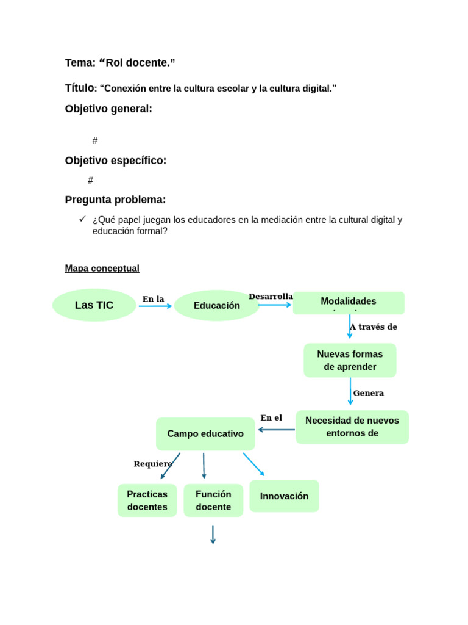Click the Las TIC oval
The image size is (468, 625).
click(94, 305)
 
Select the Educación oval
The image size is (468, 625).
click(216, 305)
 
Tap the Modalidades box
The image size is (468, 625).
click(349, 303)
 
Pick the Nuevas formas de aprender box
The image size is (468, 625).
click(350, 360)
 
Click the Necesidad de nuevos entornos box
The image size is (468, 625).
click(352, 427)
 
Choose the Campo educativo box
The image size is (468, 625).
click(205, 434)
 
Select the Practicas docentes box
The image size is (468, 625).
click(147, 500)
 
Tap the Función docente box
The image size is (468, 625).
click(213, 500)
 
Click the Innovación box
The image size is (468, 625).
click(284, 496)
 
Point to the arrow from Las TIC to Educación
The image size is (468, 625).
click(155, 306)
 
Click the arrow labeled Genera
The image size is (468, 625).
click(350, 391)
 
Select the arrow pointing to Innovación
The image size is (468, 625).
click(253, 464)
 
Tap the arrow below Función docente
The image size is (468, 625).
click(213, 534)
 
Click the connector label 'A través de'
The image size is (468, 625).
click(374, 327)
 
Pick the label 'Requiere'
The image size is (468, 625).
click(152, 464)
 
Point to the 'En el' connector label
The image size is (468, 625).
click(271, 418)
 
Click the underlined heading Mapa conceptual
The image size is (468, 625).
click(102, 269)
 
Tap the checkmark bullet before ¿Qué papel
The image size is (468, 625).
click(82, 219)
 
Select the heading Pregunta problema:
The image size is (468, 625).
click(115, 200)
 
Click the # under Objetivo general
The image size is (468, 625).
click(95, 141)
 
